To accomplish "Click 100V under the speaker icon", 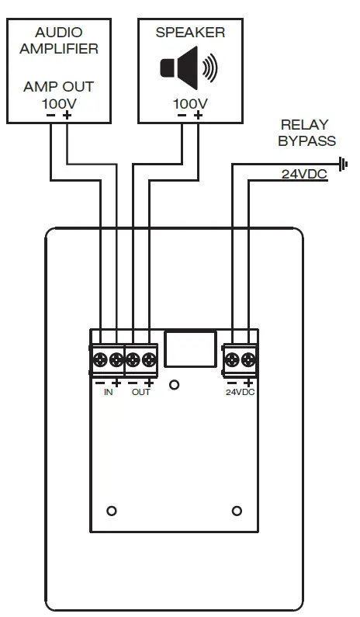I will [x=190, y=102].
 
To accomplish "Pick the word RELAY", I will [x=305, y=124].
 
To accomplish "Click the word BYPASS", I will [x=307, y=140].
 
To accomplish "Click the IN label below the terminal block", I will [x=109, y=393].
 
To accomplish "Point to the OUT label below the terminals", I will [x=141, y=393].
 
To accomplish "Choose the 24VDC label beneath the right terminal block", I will [x=240, y=393].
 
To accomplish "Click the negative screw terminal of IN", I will [x=101, y=359].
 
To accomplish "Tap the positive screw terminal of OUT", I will [x=149, y=359].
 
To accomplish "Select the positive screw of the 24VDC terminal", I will [x=248, y=359].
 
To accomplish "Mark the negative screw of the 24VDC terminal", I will [x=232, y=359].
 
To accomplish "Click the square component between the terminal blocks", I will [x=190, y=348].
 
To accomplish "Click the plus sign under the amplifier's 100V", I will [x=67, y=115].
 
